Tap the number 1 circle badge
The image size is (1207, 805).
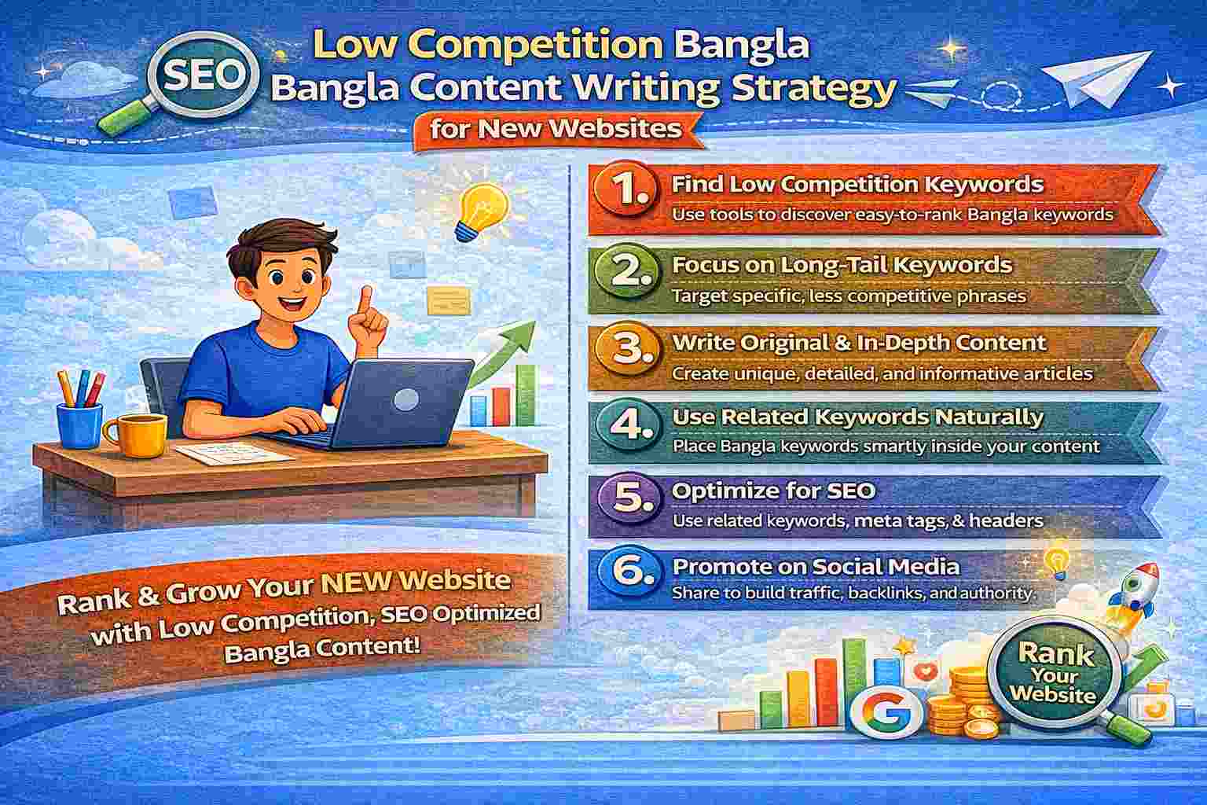click(x=627, y=191)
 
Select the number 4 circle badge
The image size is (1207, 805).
click(x=627, y=425)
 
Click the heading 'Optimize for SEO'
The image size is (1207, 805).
click(x=774, y=491)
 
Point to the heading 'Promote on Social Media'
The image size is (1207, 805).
click(x=816, y=566)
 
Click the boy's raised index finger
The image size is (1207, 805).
click(x=366, y=300)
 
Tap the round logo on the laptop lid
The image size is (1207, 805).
click(x=406, y=399)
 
